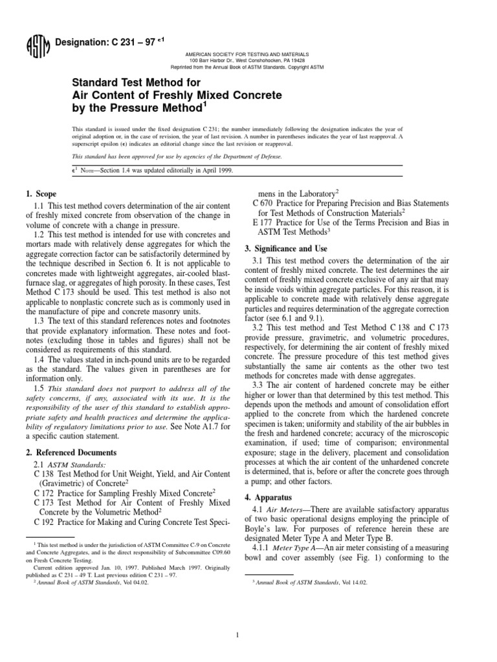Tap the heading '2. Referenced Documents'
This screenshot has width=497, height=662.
tap(71, 453)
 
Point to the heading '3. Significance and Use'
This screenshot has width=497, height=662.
tap(286, 248)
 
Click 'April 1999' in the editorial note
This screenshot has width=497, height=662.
tap(193, 170)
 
